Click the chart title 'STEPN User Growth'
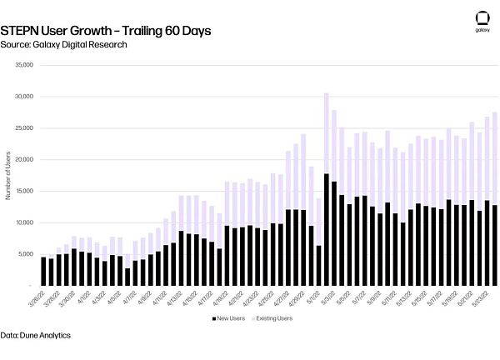click(105, 30)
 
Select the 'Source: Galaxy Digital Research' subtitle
click(63, 44)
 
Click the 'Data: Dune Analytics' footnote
click(36, 335)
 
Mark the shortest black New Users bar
click(127, 277)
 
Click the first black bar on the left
click(43, 271)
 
